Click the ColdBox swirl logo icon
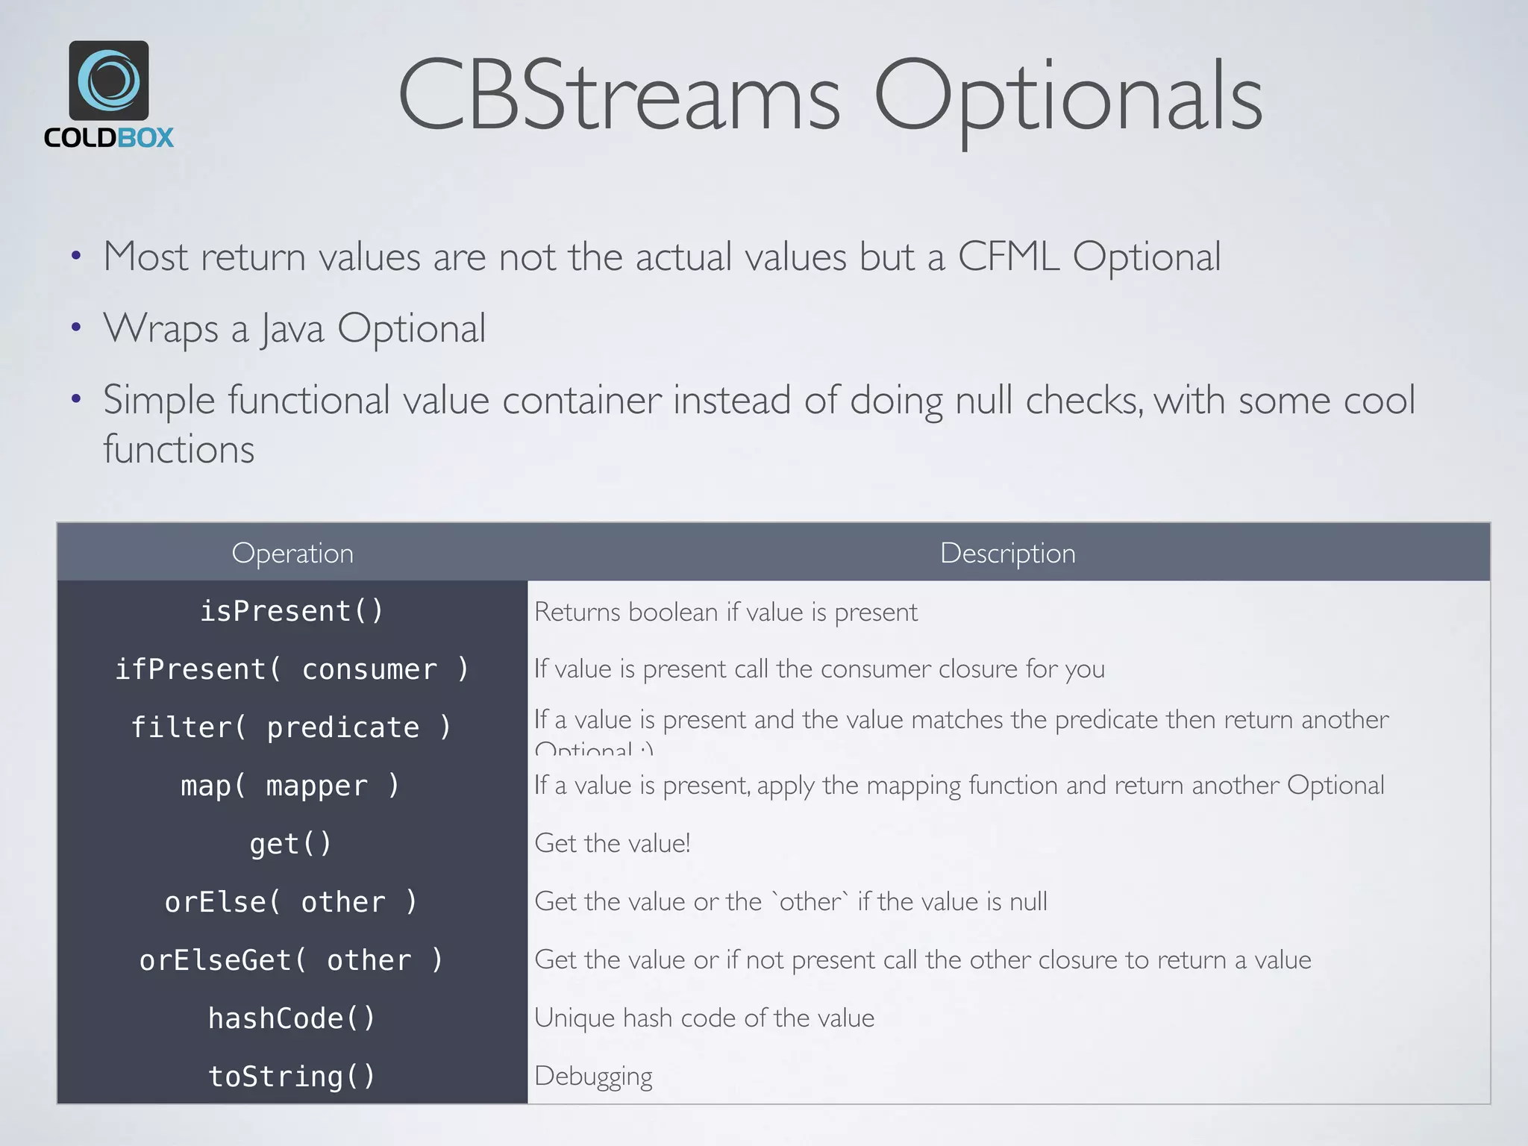(109, 81)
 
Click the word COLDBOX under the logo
(109, 138)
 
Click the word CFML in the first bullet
(1007, 257)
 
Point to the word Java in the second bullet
(292, 328)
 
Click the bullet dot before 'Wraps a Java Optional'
(75, 328)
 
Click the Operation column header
(292, 553)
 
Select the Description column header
(1007, 553)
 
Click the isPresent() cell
(292, 611)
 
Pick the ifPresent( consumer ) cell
(292, 669)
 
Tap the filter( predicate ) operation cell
(292, 727)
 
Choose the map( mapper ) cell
(292, 786)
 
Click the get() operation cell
(291, 844)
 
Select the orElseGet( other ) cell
(292, 960)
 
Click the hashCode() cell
(292, 1018)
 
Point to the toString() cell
(292, 1077)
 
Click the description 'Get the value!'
(613, 843)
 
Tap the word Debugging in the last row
(593, 1076)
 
